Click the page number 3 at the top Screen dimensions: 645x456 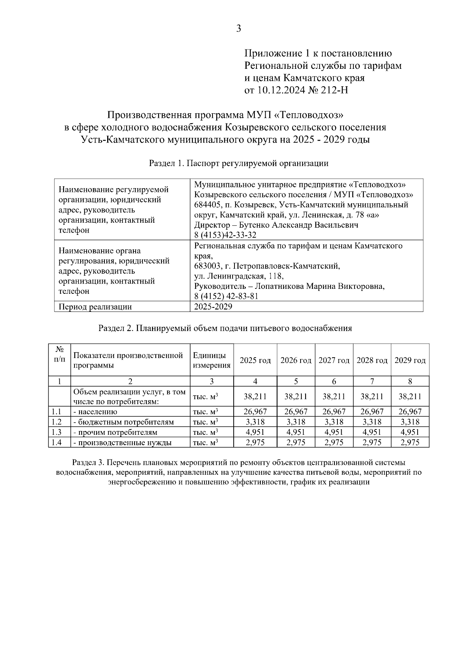[x=238, y=29]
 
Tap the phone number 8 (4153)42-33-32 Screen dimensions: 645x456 [x=225, y=235]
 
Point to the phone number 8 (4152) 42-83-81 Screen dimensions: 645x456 [x=226, y=296]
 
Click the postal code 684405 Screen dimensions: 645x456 [x=207, y=205]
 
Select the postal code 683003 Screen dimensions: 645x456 [x=207, y=266]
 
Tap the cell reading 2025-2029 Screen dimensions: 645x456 [x=213, y=307]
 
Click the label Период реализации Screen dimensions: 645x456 [x=95, y=307]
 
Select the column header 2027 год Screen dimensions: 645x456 [x=334, y=360]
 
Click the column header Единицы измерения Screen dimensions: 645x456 [x=212, y=360]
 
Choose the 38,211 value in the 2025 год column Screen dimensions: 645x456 [x=255, y=396]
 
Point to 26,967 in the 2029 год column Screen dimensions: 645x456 [x=410, y=412]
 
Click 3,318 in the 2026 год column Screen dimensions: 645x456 [x=296, y=422]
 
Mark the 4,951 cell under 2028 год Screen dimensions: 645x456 [x=372, y=432]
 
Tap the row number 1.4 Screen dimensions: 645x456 [x=56, y=442]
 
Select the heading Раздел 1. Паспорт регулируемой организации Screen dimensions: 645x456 [x=238, y=163]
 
